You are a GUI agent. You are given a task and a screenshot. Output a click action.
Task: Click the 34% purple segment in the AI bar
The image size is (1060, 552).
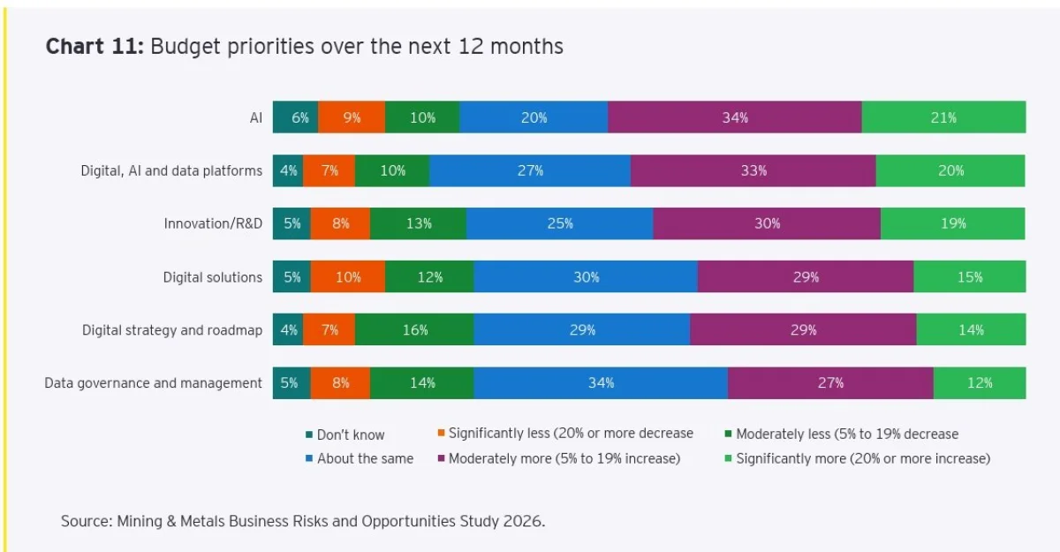(x=734, y=117)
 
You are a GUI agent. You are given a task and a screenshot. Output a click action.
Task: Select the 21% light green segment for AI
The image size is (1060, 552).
(x=943, y=117)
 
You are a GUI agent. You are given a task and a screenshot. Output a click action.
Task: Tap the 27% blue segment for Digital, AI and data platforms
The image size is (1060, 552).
(x=530, y=170)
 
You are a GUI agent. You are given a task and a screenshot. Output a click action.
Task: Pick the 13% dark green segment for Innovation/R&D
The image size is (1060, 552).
(x=418, y=223)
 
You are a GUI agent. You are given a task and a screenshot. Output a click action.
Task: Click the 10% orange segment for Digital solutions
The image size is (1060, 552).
(x=348, y=276)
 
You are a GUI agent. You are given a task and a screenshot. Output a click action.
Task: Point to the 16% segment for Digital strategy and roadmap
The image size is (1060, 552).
(x=414, y=329)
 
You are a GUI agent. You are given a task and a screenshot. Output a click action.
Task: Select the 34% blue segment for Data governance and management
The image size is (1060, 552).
(x=601, y=382)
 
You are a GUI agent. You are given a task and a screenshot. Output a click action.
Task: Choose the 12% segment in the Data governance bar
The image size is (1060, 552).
(x=979, y=382)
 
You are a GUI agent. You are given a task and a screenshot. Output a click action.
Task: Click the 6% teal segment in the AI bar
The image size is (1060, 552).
(x=295, y=117)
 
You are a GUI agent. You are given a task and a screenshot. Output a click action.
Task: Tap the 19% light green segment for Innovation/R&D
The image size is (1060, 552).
(x=952, y=223)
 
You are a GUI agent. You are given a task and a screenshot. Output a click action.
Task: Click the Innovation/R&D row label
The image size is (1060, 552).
(x=213, y=223)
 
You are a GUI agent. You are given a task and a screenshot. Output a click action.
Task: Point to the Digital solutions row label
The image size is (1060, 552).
(x=212, y=276)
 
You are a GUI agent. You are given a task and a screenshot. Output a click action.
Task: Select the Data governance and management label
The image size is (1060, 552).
(x=153, y=382)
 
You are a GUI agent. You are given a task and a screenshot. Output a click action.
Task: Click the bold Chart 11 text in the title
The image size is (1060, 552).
(x=95, y=47)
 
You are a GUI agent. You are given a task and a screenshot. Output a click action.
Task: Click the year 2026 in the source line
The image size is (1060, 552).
(x=524, y=521)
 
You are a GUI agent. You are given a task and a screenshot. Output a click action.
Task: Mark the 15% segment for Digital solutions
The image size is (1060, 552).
(x=969, y=276)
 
